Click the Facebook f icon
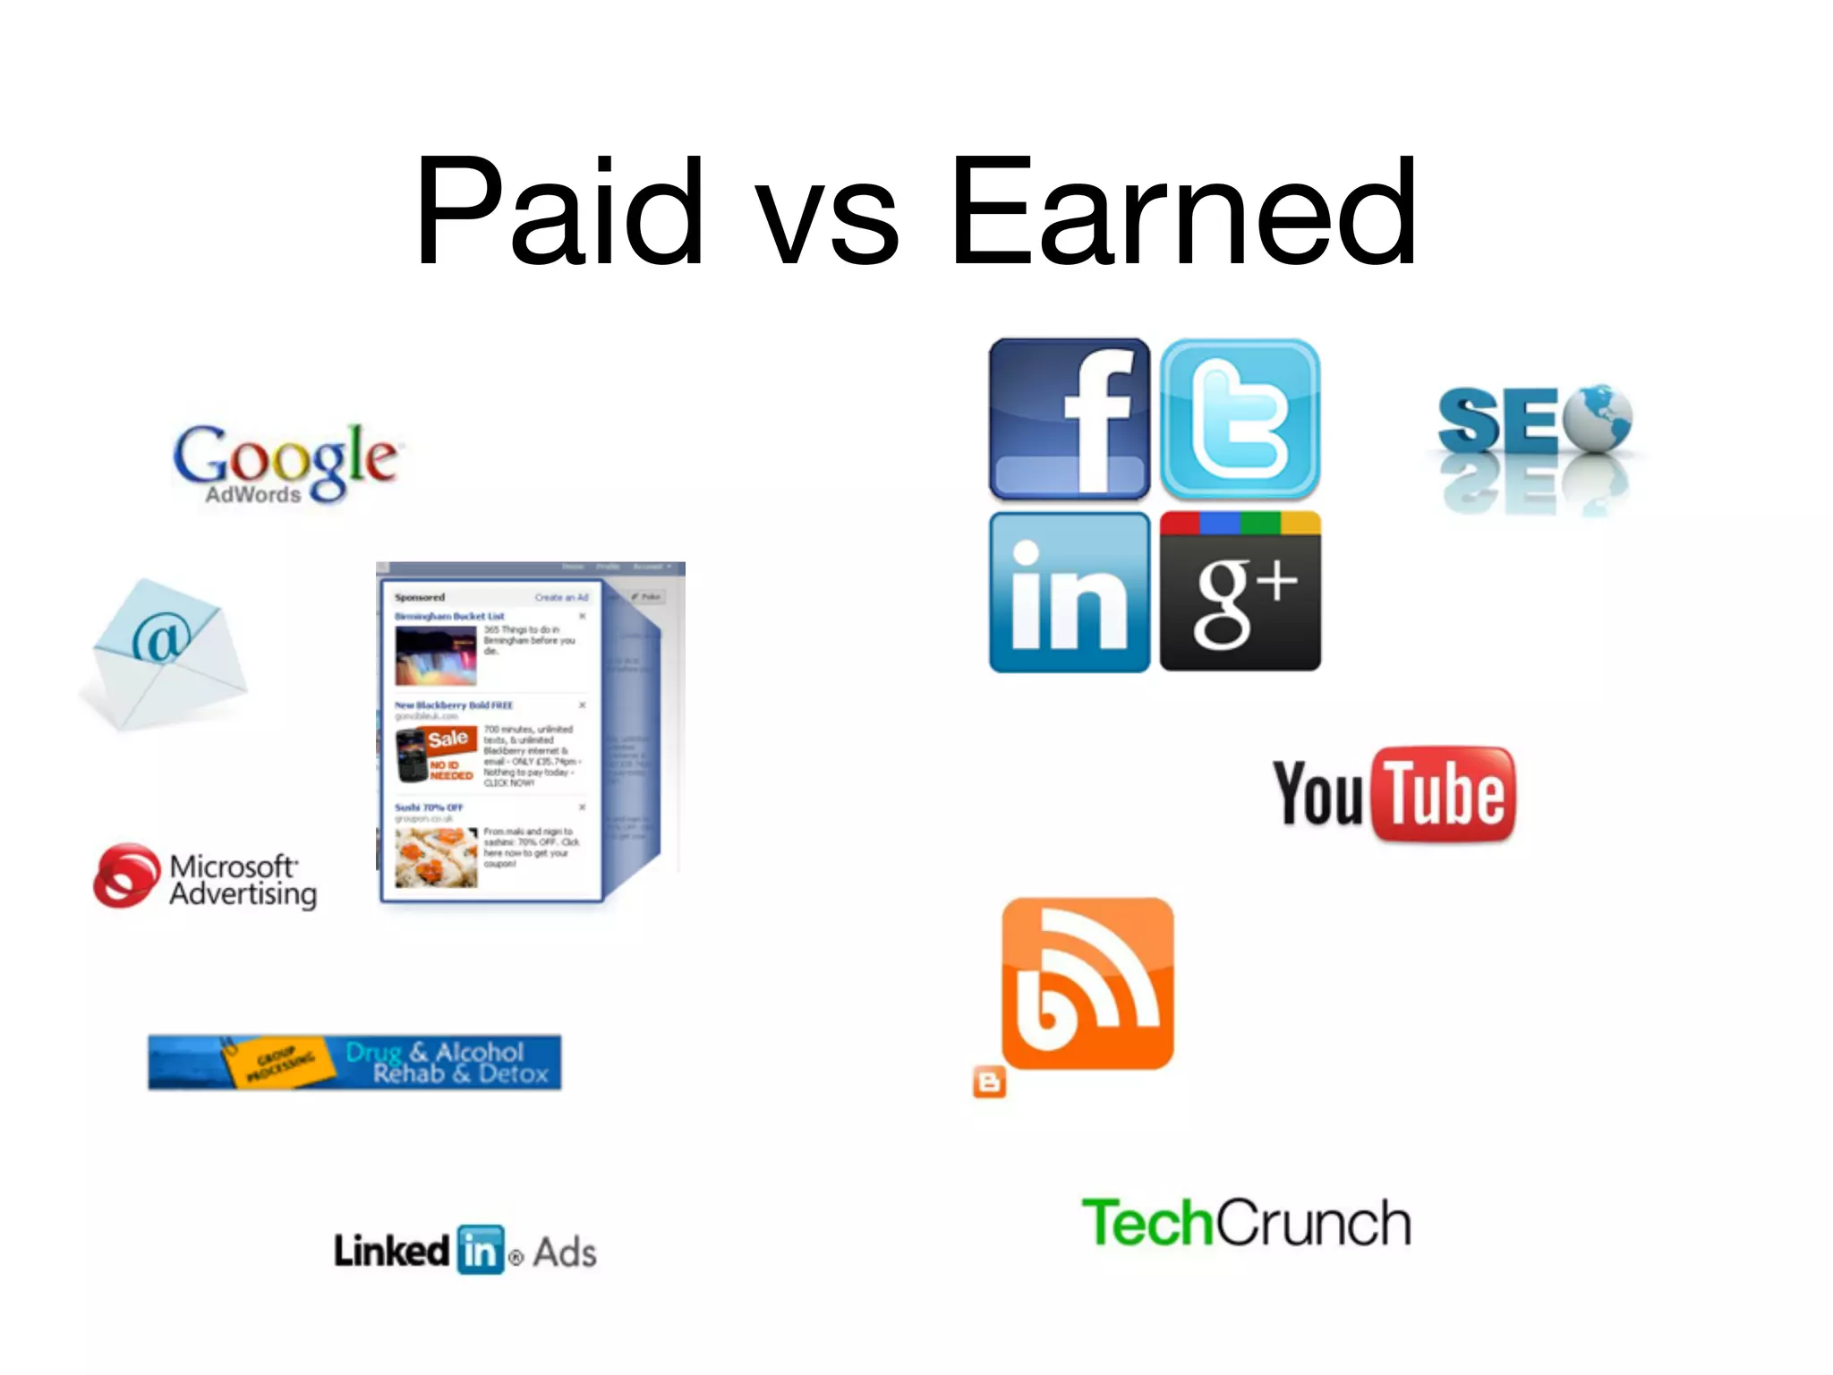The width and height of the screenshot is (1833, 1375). [1070, 418]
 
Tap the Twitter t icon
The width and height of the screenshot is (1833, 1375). [1240, 418]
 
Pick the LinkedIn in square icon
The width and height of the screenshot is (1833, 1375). [1070, 592]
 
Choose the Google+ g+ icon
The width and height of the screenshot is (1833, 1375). [1240, 592]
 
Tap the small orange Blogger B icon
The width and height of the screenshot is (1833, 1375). [989, 1082]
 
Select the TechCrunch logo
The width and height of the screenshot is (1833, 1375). [1246, 1223]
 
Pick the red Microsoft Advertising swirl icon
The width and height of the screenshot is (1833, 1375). [126, 875]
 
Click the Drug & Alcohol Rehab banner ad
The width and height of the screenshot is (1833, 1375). [354, 1063]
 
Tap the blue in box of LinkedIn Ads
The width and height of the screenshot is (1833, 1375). [481, 1250]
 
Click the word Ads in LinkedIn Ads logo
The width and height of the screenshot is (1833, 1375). [564, 1252]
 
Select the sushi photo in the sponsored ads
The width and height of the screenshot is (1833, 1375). [436, 857]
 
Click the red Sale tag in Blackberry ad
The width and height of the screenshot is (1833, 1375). [448, 739]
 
